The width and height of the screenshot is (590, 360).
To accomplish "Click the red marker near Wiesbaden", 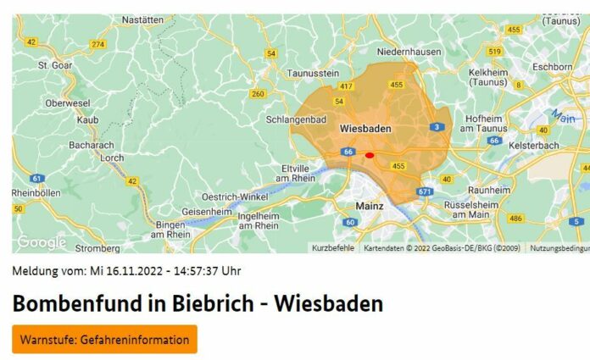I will coord(370,155).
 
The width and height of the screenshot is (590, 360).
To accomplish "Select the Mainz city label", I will coord(369,205).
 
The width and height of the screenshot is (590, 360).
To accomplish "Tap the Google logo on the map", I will coord(41,242).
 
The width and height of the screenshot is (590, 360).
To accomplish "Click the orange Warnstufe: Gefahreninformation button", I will coord(104,340).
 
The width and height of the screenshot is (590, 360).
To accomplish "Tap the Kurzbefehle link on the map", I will coord(333,248).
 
